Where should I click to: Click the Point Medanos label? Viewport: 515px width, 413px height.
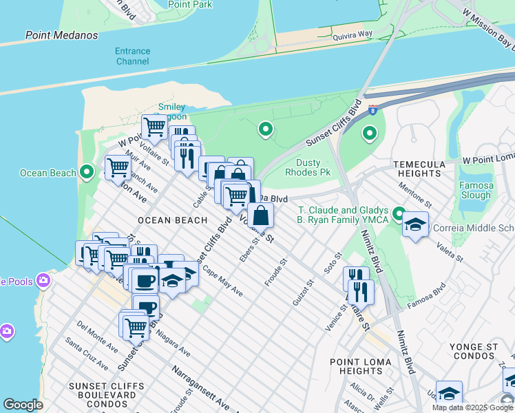[61, 35]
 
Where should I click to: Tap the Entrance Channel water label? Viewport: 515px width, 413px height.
[132, 56]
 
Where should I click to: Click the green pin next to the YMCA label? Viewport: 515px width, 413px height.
[399, 212]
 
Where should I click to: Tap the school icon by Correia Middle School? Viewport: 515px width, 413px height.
[416, 224]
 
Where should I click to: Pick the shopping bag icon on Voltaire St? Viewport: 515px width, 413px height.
[261, 215]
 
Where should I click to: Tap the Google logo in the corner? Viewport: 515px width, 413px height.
[23, 405]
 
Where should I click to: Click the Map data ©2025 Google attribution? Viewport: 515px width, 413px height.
[472, 407]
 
